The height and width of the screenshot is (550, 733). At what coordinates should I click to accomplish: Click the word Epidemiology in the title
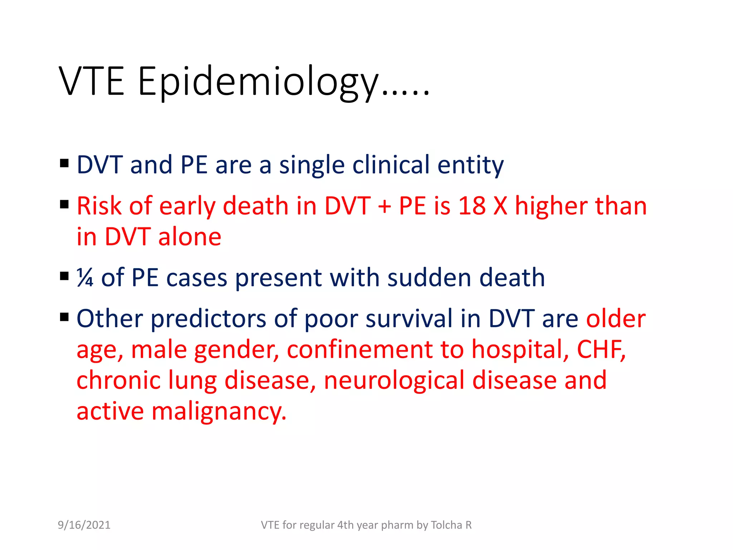click(258, 82)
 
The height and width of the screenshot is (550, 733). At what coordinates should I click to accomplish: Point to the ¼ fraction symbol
click(85, 278)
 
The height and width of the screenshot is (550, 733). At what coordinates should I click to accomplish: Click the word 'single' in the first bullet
click(312, 165)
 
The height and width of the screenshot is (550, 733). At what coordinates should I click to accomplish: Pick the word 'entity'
click(470, 165)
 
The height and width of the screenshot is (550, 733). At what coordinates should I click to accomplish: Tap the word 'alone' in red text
click(190, 237)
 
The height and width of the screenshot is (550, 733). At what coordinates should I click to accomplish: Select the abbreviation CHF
click(601, 349)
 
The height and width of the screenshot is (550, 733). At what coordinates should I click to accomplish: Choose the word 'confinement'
click(360, 349)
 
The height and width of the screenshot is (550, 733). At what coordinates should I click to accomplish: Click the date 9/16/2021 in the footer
click(84, 525)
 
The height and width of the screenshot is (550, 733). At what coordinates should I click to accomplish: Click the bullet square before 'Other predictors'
click(64, 317)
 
